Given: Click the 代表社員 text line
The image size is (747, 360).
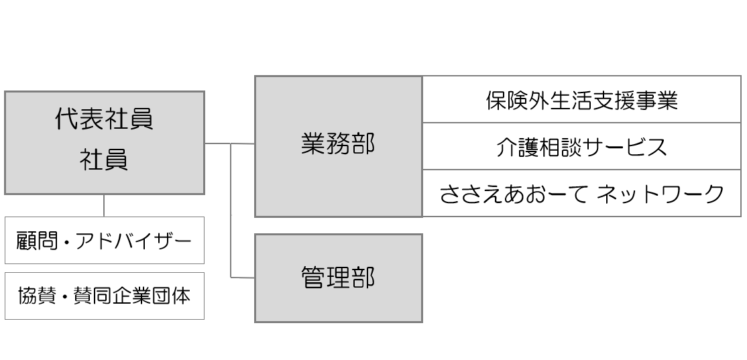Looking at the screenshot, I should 104,119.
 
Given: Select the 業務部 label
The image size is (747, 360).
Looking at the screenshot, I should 338,144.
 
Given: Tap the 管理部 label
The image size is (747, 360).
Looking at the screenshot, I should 338,277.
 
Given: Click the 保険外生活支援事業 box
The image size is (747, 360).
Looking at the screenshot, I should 581,100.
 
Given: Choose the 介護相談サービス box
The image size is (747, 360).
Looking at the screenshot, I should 581,146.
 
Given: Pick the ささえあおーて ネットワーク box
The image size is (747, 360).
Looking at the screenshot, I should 581,194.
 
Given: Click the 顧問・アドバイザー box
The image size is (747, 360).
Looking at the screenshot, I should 104,240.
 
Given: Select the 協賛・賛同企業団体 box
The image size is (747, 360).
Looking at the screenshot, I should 104,296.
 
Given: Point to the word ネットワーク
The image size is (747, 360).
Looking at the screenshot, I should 660,194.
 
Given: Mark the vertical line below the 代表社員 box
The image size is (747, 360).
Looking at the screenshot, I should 104,205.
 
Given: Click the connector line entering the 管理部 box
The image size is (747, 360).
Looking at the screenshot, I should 243,277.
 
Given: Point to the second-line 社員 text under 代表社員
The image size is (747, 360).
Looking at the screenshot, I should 104,161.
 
